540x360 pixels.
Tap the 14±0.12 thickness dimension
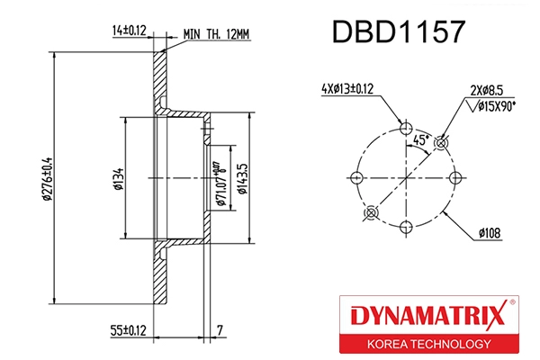pyautogui.click(x=129, y=29)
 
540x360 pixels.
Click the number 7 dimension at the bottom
pyautogui.click(x=220, y=330)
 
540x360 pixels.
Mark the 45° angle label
pyautogui.click(x=419, y=140)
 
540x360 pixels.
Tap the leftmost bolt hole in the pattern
pyautogui.click(x=356, y=176)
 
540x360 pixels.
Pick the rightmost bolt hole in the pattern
pyautogui.click(x=454, y=176)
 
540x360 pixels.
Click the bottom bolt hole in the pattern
pyautogui.click(x=405, y=226)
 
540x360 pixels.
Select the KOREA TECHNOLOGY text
pyautogui.click(x=427, y=344)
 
